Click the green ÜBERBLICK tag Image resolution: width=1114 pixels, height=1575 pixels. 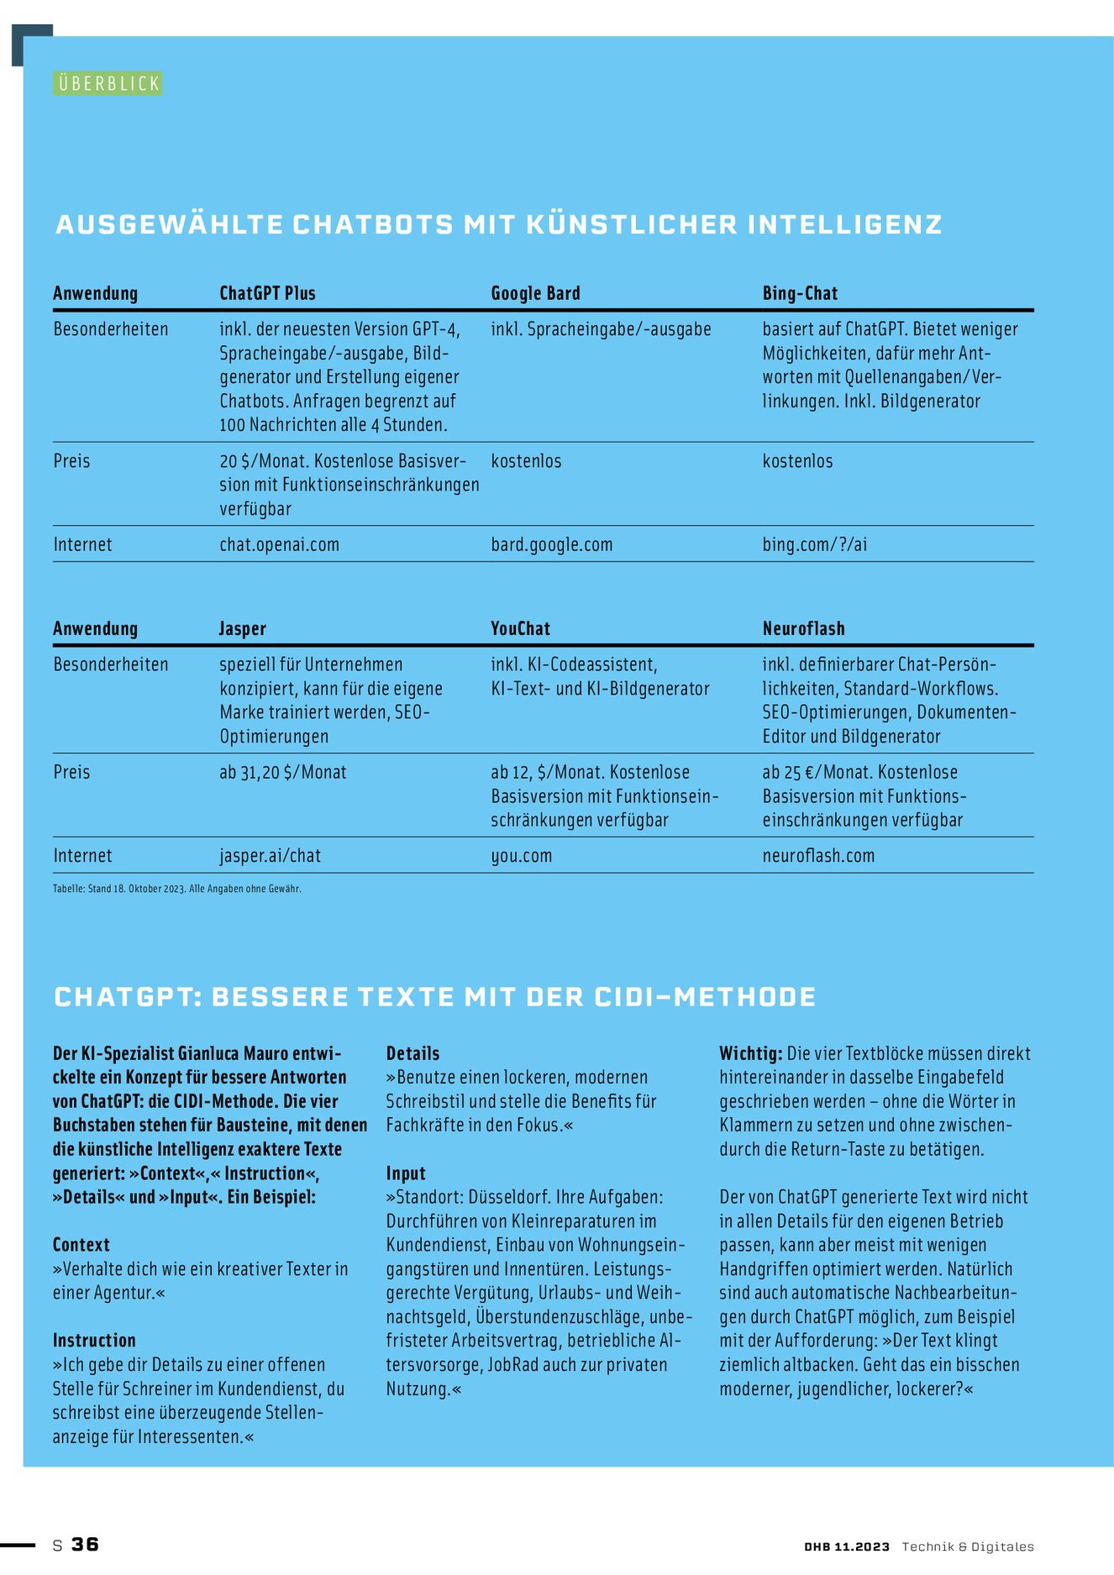108,83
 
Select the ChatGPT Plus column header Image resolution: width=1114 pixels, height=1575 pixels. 267,293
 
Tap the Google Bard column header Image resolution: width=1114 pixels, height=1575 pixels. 535,293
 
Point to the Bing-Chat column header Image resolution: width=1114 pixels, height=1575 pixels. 800,293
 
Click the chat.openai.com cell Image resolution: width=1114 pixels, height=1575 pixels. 279,544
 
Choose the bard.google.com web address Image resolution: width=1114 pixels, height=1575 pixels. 551,544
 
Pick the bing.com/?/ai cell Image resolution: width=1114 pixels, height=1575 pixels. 814,544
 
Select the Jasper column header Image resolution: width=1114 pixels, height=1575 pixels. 242,628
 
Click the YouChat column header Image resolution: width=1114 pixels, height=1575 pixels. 520,628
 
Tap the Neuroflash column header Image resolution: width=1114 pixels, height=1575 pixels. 803,628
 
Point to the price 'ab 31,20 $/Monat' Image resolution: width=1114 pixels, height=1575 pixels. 282,772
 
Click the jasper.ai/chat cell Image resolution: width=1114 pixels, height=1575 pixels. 270,855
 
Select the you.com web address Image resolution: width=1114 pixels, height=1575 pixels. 521,855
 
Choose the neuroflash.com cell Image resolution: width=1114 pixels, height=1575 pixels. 818,855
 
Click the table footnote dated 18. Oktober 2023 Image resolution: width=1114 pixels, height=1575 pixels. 176,888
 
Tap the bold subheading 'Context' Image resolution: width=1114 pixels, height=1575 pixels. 81,1244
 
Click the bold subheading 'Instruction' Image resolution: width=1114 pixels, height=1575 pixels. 94,1340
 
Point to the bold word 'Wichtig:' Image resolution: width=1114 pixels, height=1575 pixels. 750,1053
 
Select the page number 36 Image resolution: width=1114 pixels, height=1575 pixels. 85,1544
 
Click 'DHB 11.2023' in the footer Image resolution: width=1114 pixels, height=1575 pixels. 846,1546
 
